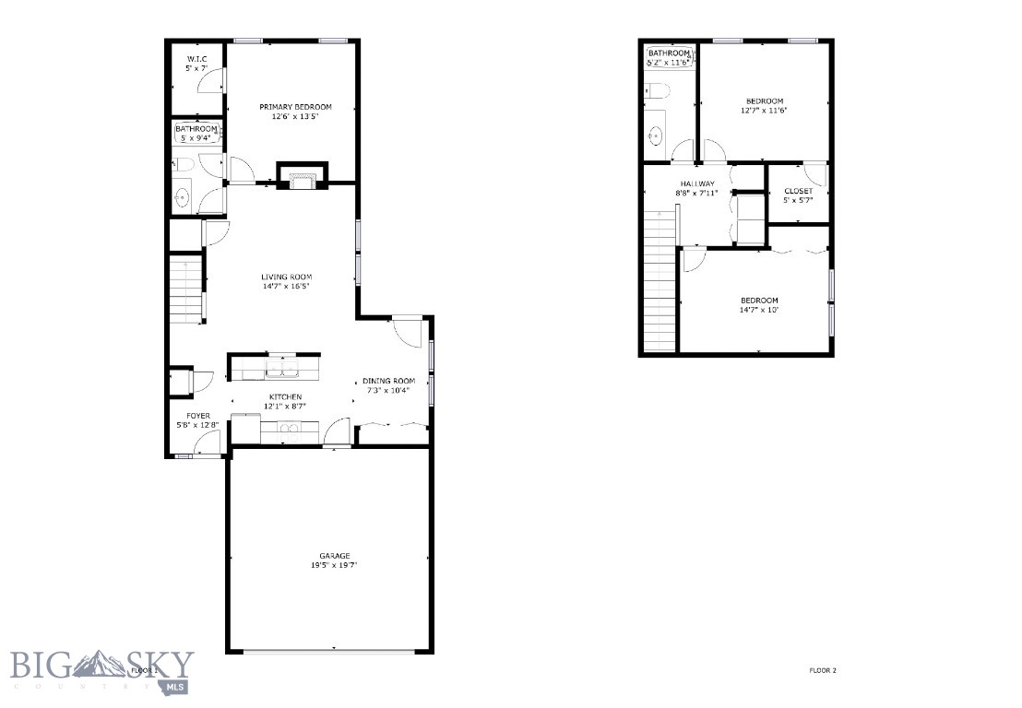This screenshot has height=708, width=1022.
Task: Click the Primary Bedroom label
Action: pyautogui.click(x=295, y=107)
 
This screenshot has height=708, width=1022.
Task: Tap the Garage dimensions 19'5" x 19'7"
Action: pyautogui.click(x=335, y=565)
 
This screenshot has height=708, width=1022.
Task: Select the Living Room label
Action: pyautogui.click(x=286, y=277)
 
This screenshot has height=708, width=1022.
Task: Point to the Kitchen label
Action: pyautogui.click(x=285, y=396)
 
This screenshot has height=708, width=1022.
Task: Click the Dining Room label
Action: pyautogui.click(x=388, y=381)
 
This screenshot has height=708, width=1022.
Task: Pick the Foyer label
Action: pyautogui.click(x=198, y=416)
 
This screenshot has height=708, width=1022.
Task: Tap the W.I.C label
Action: pyautogui.click(x=196, y=60)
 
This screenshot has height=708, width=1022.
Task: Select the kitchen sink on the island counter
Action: pyautogui.click(x=281, y=370)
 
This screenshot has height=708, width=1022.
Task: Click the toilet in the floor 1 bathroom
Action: pyautogui.click(x=184, y=165)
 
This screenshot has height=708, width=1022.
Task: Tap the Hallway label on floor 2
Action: pyautogui.click(x=698, y=183)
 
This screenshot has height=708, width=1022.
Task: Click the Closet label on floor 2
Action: pyautogui.click(x=798, y=191)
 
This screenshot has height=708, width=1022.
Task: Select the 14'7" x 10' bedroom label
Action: pyautogui.click(x=759, y=301)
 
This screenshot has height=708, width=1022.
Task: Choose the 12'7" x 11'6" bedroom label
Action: pyautogui.click(x=765, y=101)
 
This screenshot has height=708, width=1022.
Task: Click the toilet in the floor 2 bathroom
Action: pyautogui.click(x=656, y=90)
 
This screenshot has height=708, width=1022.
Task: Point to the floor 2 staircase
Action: pyautogui.click(x=660, y=281)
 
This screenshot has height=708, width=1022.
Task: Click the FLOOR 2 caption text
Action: pyautogui.click(x=822, y=670)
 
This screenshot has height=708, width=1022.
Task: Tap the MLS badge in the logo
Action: pyautogui.click(x=174, y=687)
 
